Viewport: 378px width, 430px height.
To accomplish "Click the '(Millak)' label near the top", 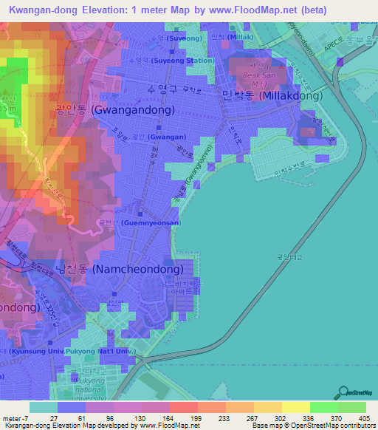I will tap(241, 37).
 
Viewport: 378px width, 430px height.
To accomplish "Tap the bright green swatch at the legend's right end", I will tap(352, 407).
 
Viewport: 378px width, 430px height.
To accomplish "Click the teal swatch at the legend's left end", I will tap(43, 407).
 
